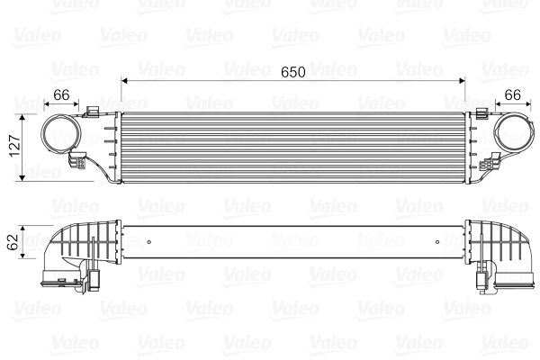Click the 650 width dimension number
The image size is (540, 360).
[292, 71]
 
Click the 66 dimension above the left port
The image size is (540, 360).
[61, 94]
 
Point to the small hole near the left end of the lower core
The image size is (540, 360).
[148, 240]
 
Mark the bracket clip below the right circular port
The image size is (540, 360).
[492, 165]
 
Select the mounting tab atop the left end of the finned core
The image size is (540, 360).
[94, 112]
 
